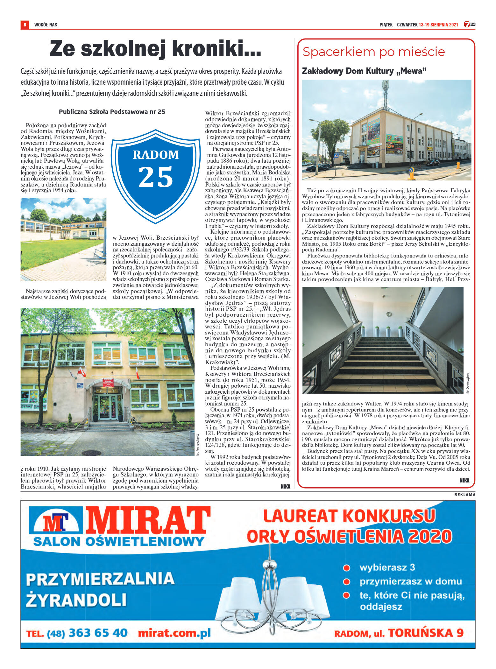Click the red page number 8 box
[x=25, y=25]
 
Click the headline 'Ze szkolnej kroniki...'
[x=155, y=48]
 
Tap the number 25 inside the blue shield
[x=156, y=177]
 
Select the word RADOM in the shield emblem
[x=156, y=155]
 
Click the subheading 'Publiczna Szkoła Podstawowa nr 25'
[x=112, y=112]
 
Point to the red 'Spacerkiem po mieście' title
[x=373, y=52]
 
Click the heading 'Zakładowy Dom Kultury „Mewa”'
[x=364, y=71]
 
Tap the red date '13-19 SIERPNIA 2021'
[x=438, y=25]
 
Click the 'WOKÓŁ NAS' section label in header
[x=46, y=25]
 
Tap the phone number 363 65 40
[x=98, y=633]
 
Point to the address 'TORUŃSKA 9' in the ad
[x=426, y=633]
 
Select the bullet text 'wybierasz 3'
[x=387, y=567]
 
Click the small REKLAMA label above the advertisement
[x=464, y=495]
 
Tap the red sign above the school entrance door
[x=108, y=383]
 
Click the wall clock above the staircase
[x=389, y=314]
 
